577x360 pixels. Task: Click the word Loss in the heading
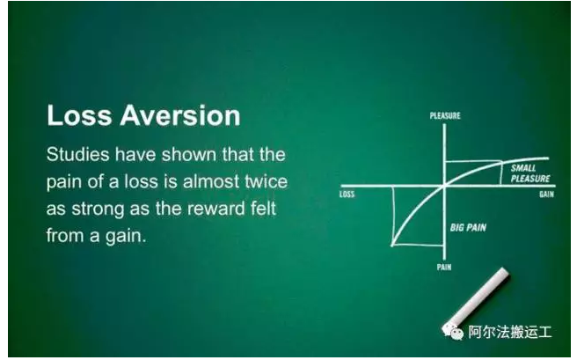79,115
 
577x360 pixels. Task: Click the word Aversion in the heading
180,115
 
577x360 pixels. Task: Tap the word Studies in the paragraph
78,154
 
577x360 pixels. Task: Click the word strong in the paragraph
99,209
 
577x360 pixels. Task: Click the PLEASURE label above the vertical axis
445,115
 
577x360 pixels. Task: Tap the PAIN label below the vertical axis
444,267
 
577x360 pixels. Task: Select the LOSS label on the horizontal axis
347,194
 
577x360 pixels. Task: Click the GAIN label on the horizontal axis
546,194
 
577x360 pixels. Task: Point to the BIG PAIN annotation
468,228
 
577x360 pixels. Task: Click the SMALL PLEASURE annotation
530,173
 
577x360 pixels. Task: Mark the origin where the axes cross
444,187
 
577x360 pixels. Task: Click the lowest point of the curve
392,245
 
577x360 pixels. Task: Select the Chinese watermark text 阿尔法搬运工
510,332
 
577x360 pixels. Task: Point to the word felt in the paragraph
263,209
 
